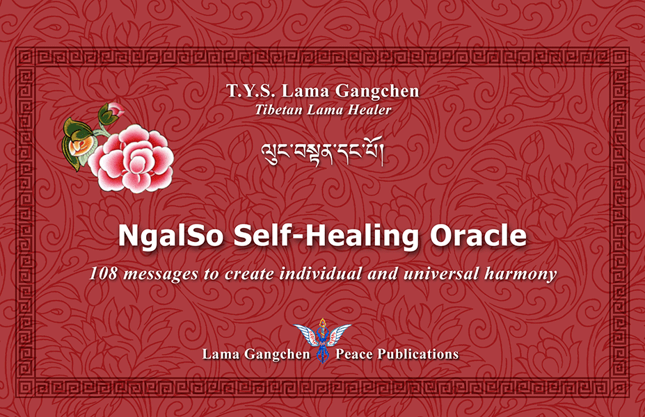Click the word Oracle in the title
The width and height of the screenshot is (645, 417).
479,236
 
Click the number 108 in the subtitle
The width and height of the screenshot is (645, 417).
103,274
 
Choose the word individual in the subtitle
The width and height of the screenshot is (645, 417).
321,273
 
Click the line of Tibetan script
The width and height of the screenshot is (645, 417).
323,152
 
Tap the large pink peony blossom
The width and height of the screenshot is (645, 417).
132,159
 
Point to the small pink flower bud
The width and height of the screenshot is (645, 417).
115,110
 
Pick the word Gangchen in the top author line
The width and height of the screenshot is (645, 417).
377,92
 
